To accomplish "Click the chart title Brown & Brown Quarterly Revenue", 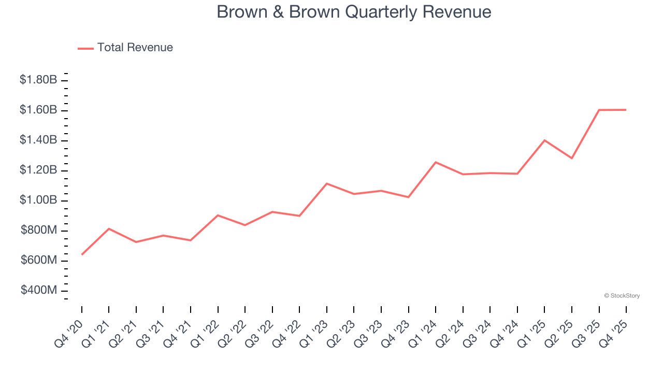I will coord(354,11).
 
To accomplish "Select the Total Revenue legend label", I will coord(135,48).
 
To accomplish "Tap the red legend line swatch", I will coord(85,48).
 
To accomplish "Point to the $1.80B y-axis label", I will coord(38,80).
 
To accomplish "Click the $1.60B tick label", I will coord(38,110).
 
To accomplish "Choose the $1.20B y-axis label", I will coord(38,170).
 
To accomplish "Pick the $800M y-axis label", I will coord(39,230).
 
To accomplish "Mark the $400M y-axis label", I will coord(39,290).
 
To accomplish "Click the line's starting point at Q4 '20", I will coord(82,254).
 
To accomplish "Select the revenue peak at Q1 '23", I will coord(327,183).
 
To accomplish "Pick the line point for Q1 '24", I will coord(436,162).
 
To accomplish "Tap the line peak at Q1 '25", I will coord(544,140).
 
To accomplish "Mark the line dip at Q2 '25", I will coord(572,158).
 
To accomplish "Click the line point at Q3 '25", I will coord(599,110).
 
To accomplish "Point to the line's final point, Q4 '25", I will coord(626,110).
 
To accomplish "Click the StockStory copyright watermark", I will coord(622,296).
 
